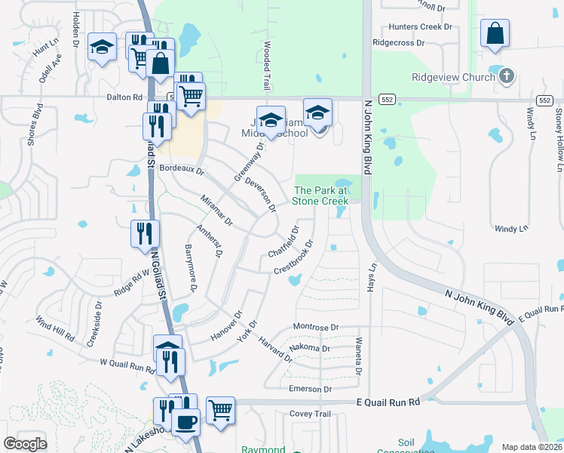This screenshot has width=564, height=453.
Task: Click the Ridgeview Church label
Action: pyautogui.click(x=452, y=77)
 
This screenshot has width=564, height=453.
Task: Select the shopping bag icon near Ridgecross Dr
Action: pyautogui.click(x=495, y=34)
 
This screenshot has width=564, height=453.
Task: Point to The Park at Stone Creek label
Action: pyautogui.click(x=320, y=196)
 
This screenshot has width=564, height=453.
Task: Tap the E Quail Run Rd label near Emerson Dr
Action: pyautogui.click(x=388, y=403)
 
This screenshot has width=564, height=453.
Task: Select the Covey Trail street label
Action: pyautogui.click(x=311, y=414)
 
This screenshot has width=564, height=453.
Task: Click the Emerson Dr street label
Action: pyautogui.click(x=311, y=389)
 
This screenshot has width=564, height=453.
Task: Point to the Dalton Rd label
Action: pyautogui.click(x=124, y=97)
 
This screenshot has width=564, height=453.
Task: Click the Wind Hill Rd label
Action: pyautogui.click(x=56, y=330)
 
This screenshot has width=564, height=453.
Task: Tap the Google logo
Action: pyautogui.click(x=25, y=444)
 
